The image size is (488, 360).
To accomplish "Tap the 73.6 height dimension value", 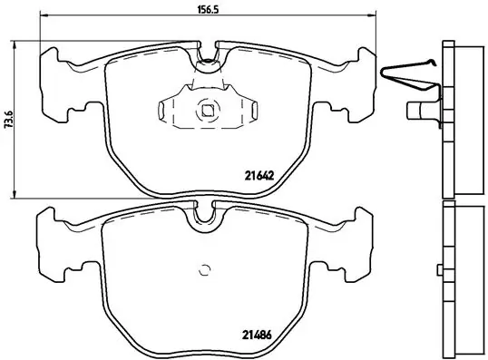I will tap(9, 119).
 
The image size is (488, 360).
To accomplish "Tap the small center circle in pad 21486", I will tap(205, 269).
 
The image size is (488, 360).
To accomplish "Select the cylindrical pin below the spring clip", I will tap(419, 112).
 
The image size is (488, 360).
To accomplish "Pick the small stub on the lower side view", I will tap(438, 269).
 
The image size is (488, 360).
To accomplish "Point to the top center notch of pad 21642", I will tap(208, 58).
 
